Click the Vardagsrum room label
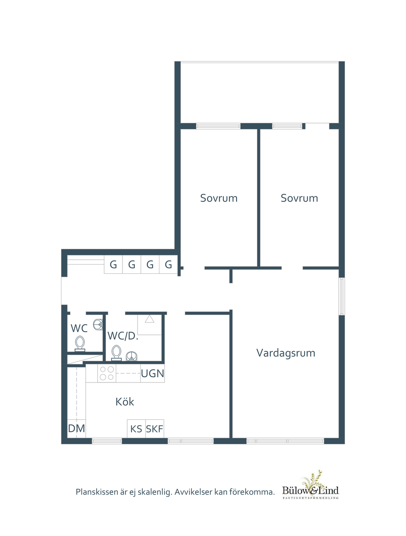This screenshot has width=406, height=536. point(285,353)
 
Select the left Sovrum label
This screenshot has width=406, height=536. point(218,198)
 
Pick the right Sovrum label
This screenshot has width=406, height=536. point(299,198)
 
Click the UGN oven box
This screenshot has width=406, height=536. point(153,373)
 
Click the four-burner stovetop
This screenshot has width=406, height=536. point(107,373)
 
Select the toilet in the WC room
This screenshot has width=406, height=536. point(80,343)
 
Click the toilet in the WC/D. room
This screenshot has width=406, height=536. point(117,353)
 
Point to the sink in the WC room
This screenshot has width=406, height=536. point(98,325)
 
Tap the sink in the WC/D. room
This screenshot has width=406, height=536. point(132,356)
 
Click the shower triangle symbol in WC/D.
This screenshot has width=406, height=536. point(149,319)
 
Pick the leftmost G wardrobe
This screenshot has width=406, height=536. point(113,265)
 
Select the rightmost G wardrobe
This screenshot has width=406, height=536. point(169,265)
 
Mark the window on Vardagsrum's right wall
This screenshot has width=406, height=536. point(342,296)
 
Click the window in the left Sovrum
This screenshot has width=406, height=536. point(218,126)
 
